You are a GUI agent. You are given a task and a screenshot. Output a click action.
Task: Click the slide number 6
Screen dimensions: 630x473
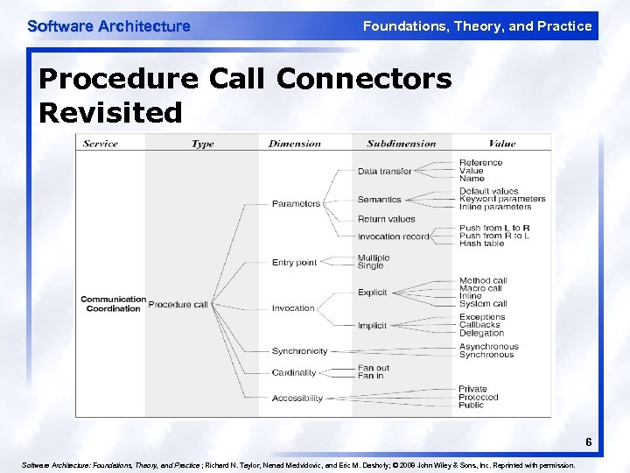tap(589, 442)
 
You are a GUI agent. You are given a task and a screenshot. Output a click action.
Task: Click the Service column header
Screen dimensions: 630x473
tap(100, 144)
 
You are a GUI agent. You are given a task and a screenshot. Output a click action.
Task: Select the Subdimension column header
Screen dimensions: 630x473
tap(402, 144)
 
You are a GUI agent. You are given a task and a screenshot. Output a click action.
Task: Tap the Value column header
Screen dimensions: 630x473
tap(502, 144)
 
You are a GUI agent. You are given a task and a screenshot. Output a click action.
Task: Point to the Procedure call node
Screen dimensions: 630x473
tap(178, 305)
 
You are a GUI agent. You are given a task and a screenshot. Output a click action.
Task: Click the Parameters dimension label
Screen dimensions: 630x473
tap(296, 204)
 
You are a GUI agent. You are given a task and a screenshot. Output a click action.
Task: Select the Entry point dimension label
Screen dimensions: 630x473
tap(294, 263)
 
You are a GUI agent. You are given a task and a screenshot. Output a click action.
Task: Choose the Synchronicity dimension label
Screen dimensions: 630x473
tap(299, 351)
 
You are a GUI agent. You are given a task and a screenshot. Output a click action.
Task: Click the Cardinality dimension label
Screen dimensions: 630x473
tap(294, 373)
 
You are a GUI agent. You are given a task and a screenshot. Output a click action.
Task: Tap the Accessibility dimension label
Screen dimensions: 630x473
tap(297, 399)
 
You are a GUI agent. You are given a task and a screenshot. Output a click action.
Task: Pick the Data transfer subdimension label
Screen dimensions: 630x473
tap(384, 172)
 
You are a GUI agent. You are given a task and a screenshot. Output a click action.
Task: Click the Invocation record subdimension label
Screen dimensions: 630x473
tap(394, 236)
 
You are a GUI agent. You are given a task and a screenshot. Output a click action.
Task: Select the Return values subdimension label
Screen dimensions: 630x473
tap(386, 219)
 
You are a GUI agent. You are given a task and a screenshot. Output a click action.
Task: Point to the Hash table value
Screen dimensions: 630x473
tap(483, 244)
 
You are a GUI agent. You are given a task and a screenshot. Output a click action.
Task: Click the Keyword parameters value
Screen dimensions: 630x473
tap(502, 199)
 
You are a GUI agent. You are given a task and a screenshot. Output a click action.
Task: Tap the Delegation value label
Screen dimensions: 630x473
tap(482, 333)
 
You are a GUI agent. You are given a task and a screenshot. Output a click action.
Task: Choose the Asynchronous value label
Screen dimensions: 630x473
tap(489, 347)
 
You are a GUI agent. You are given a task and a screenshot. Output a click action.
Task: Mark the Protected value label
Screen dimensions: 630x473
tap(479, 398)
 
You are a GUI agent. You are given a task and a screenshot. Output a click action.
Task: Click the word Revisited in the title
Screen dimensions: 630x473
tap(111, 112)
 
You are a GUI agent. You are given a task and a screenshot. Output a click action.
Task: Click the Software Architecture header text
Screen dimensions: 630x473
tap(108, 26)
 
